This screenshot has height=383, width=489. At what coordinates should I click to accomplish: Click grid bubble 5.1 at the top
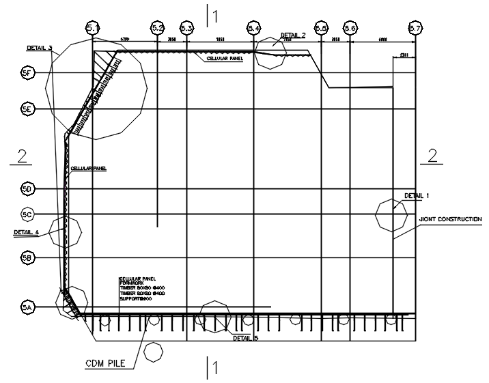[x=93, y=28]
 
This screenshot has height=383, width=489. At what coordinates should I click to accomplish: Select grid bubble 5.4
[x=253, y=28]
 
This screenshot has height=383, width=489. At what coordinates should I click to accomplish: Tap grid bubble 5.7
[x=415, y=28]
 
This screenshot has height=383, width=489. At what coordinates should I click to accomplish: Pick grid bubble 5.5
[x=321, y=28]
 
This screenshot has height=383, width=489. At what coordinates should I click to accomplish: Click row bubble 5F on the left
[x=27, y=73]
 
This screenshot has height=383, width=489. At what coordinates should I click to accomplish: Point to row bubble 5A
[x=27, y=308]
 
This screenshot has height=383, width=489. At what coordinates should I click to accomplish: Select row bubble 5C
[x=27, y=214]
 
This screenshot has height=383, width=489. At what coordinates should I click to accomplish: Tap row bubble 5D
[x=27, y=188]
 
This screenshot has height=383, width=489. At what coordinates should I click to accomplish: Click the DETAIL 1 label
[x=417, y=196]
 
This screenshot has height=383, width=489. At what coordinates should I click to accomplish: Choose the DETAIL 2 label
[x=293, y=35]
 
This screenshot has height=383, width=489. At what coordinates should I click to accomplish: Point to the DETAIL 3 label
[x=40, y=48]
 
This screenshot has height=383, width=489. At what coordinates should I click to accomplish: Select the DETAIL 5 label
[x=245, y=338]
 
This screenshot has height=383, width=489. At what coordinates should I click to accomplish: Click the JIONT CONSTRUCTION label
[x=450, y=219]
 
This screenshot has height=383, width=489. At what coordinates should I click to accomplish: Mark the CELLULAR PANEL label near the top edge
[x=225, y=59]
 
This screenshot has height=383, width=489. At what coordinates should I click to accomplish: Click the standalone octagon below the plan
[x=155, y=352]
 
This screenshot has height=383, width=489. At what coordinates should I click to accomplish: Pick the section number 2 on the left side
[x=22, y=156]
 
